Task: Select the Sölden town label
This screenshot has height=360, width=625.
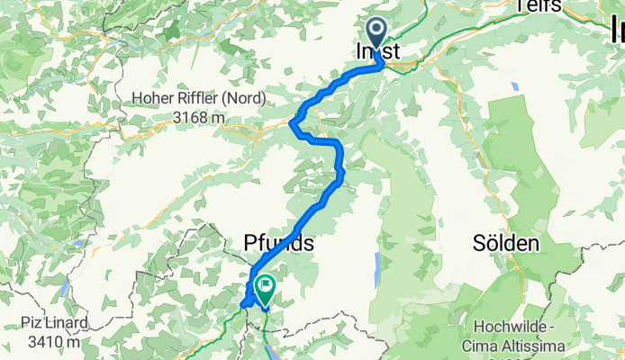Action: tap(507, 244)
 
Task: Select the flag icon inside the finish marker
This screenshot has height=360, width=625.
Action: tap(266, 287)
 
